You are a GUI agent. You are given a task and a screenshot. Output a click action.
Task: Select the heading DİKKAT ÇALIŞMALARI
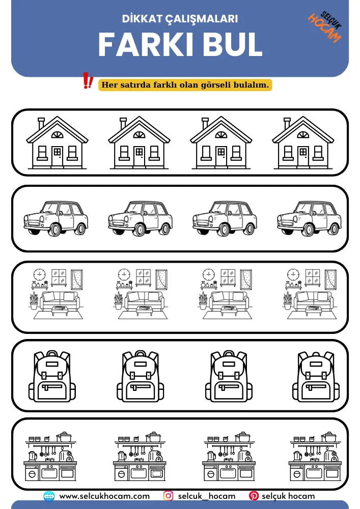180,19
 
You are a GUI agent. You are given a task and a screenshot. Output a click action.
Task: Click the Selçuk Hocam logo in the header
325,26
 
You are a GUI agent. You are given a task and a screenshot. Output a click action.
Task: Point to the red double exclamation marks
88,80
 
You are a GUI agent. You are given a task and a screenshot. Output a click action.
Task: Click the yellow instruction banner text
185,85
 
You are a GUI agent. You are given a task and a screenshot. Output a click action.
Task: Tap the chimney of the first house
41,123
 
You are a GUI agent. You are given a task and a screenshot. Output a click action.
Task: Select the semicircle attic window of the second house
139,135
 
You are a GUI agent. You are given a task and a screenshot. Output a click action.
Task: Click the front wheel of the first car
55,230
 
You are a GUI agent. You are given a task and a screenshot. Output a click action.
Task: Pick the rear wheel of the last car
334,229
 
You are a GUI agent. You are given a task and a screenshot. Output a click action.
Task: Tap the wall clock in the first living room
39,275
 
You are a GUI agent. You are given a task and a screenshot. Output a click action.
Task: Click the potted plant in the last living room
288,301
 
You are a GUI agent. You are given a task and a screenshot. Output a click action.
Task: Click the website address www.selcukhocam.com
104,496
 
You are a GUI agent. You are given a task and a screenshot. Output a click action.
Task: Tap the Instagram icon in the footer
168,496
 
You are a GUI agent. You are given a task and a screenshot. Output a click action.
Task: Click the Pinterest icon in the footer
254,496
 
